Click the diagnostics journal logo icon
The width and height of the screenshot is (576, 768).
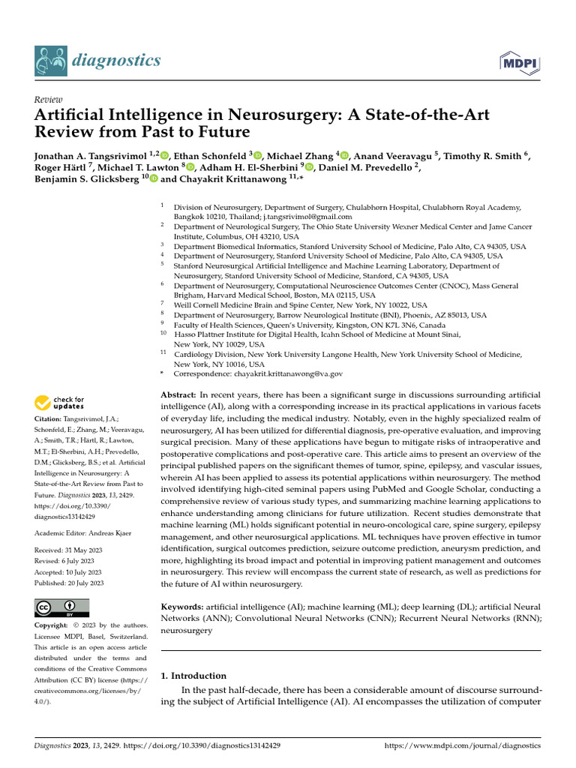click(x=50, y=59)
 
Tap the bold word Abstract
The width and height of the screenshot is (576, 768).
click(x=178, y=394)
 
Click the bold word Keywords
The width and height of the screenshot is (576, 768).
click(x=182, y=606)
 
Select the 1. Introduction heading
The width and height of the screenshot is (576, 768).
click(x=193, y=675)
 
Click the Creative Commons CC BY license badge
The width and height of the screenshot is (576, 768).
click(x=61, y=608)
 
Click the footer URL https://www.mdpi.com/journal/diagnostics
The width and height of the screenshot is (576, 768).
click(x=462, y=746)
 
